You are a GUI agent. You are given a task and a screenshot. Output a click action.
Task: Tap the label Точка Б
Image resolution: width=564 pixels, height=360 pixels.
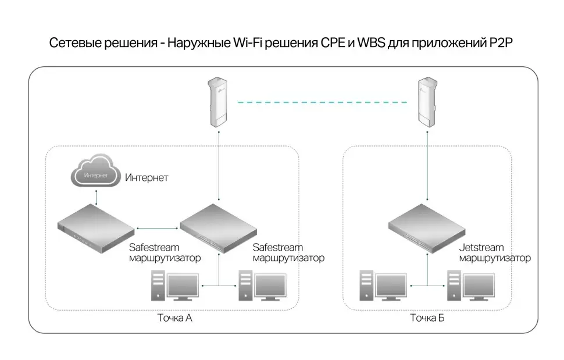click(x=427, y=318)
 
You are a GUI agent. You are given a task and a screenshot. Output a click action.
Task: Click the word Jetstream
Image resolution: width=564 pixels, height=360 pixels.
click(x=481, y=248)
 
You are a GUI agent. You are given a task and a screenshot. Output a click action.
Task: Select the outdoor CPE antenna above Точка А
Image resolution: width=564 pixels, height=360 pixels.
click(x=219, y=102)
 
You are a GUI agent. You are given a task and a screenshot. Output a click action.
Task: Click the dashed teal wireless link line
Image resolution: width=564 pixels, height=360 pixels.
click(x=323, y=102)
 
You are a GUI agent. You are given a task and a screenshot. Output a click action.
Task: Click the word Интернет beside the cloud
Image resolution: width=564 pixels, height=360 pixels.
click(x=147, y=177)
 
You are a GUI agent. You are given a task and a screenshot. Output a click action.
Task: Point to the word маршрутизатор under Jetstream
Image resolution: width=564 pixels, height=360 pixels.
click(x=495, y=258)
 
